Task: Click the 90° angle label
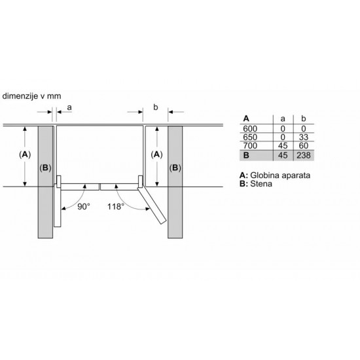coord(84,207)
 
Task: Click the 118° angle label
coord(116,207)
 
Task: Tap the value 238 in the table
coord(304,155)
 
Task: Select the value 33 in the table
coord(304,137)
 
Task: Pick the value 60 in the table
coord(304,146)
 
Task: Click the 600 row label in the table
coord(250,129)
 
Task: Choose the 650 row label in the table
coord(250,137)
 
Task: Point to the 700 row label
coord(250,146)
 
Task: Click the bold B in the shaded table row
coord(246,155)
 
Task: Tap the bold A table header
coord(246,118)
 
